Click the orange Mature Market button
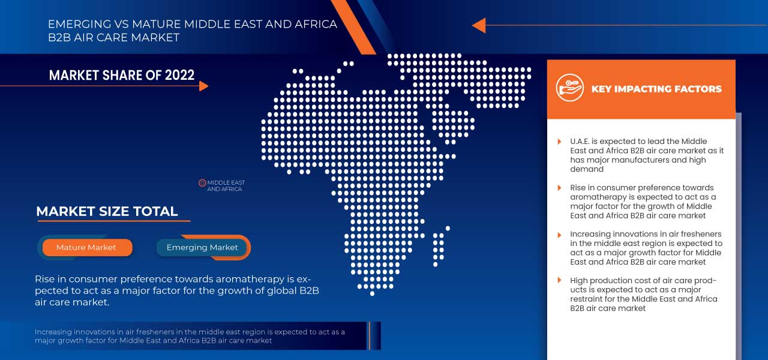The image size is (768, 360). [86, 247]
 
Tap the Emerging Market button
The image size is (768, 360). [202, 247]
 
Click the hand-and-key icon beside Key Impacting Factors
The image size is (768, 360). [569, 88]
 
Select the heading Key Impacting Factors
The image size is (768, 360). [656, 89]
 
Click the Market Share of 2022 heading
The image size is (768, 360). [122, 75]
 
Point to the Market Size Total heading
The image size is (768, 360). [107, 211]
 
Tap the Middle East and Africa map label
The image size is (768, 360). [226, 186]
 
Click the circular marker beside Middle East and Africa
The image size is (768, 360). [202, 183]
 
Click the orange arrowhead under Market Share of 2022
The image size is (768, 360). [203, 86]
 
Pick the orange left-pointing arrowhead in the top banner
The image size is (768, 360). [478, 25]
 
